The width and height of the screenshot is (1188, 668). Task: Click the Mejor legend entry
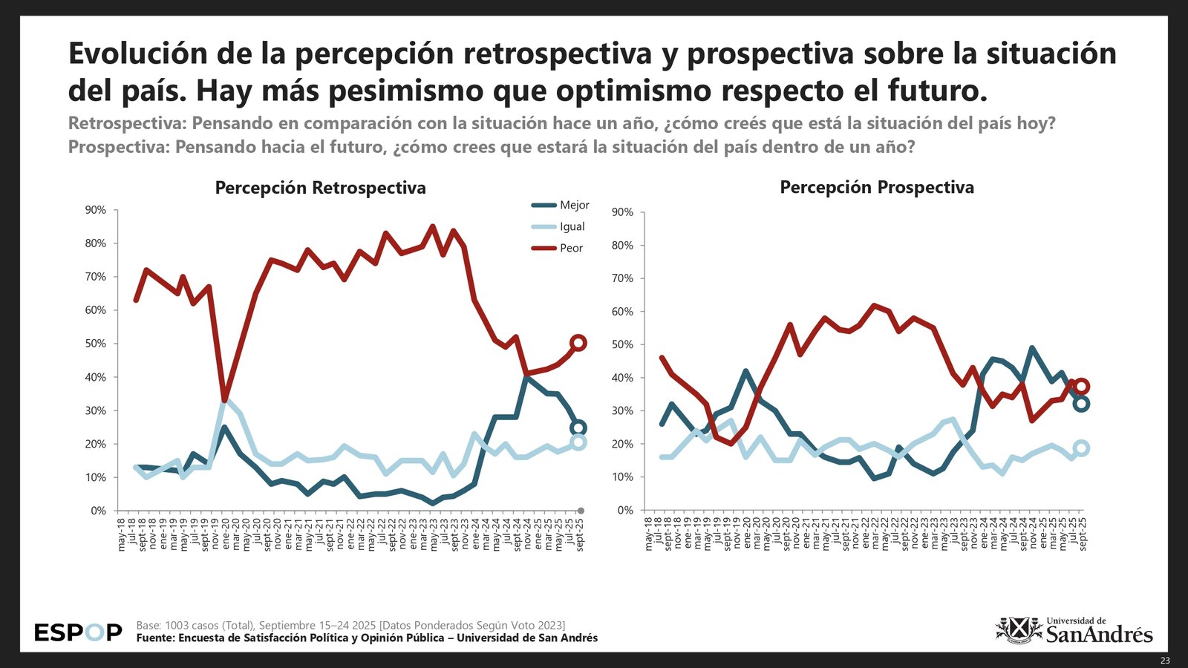[574, 206]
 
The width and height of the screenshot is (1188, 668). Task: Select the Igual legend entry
[572, 227]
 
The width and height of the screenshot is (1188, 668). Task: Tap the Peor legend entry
[571, 249]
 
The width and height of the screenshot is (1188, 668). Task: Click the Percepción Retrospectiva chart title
[320, 188]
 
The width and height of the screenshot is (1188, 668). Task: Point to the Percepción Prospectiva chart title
[876, 188]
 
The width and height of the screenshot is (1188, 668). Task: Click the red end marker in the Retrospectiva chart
[578, 343]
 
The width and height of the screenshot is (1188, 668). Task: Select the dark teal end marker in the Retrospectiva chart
[578, 428]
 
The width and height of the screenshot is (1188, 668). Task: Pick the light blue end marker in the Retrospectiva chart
[578, 442]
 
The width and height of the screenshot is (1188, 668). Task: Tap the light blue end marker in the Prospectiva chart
[1081, 448]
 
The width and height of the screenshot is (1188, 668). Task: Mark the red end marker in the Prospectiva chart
[1082, 386]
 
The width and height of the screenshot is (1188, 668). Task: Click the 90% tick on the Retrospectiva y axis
[96, 210]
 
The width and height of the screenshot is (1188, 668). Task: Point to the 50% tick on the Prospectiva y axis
[623, 345]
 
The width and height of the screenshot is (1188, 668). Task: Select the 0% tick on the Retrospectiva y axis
[99, 511]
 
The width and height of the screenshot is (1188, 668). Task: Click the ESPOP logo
[78, 632]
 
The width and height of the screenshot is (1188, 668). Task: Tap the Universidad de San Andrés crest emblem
[1018, 630]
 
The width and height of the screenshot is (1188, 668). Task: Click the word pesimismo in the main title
[410, 91]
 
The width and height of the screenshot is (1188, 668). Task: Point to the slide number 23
[1164, 661]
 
